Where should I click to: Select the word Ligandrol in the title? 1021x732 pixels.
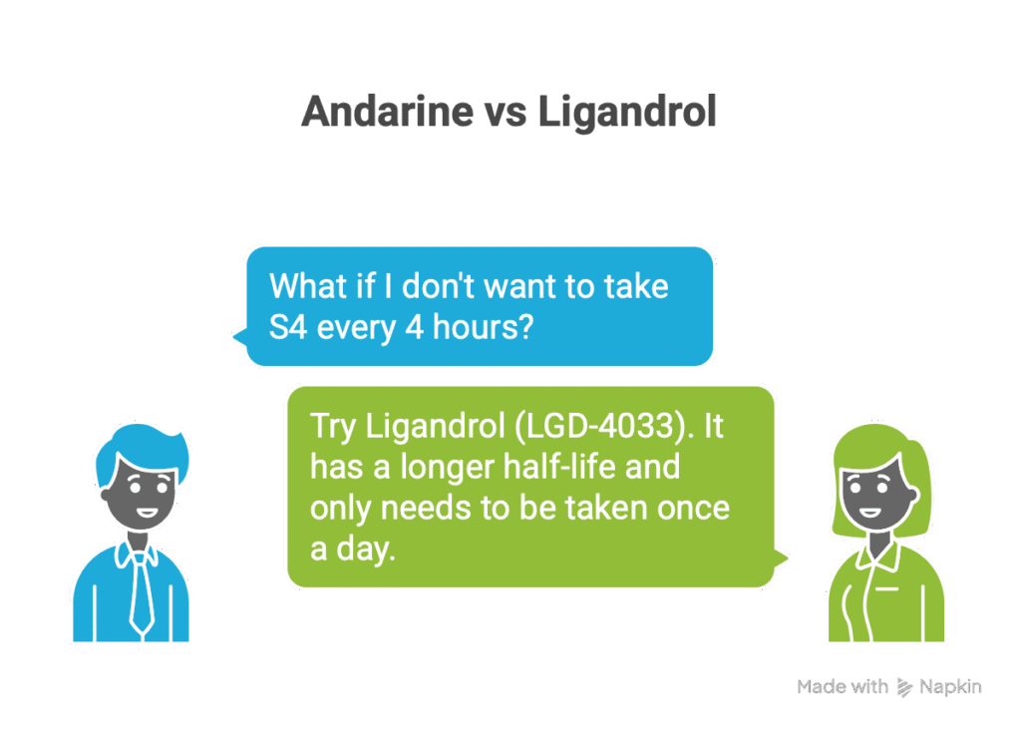pyautogui.click(x=627, y=112)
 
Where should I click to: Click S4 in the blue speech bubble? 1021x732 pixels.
pyautogui.click(x=288, y=326)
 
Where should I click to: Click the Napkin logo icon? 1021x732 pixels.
pyautogui.click(x=905, y=686)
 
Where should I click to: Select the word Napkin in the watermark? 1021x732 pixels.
pyautogui.click(x=950, y=686)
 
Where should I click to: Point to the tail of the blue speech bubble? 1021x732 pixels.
pyautogui.click(x=236, y=335)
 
